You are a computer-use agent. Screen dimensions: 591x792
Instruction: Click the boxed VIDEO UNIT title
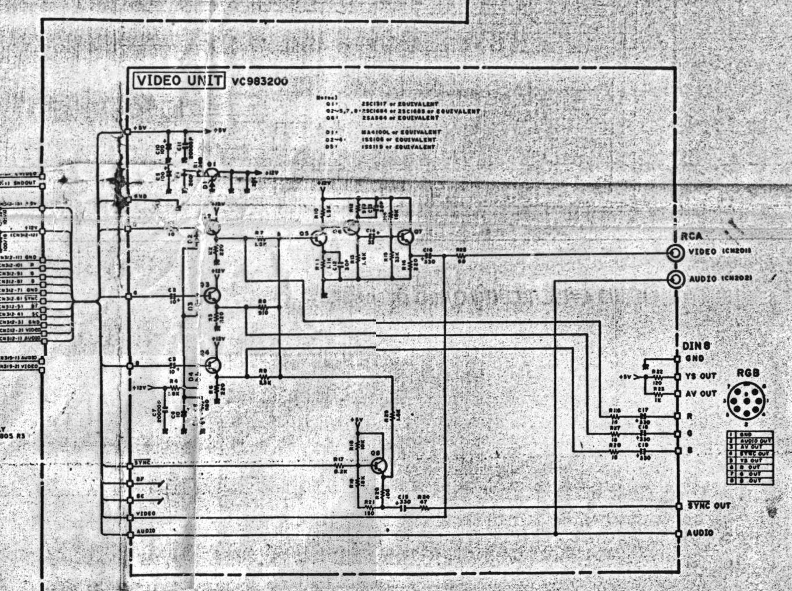(x=178, y=81)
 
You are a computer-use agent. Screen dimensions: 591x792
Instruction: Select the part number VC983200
(x=259, y=82)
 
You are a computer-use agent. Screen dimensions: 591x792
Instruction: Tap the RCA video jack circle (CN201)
(x=676, y=253)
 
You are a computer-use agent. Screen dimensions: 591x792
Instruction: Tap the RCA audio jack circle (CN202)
(x=676, y=280)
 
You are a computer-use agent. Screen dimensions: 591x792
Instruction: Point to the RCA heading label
(x=692, y=236)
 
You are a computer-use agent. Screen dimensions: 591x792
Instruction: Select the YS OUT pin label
(x=700, y=376)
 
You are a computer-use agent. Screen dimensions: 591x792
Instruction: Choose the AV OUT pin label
(x=700, y=394)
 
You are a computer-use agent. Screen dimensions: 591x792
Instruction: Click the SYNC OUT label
(x=708, y=506)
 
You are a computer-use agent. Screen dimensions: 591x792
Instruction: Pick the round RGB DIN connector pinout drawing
(x=748, y=401)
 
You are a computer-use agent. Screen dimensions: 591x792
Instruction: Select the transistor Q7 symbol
(x=405, y=237)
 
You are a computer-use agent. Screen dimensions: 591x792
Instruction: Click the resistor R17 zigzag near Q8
(x=339, y=465)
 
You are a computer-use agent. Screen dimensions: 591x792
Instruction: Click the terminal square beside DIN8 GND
(x=678, y=359)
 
